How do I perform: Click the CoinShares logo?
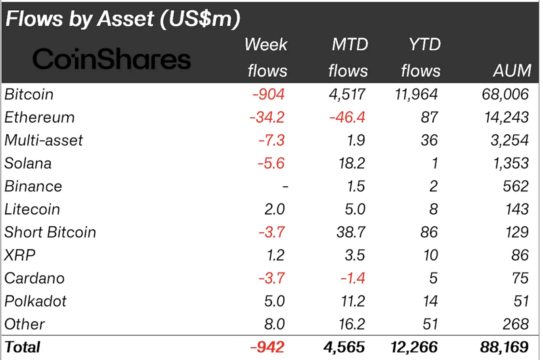(111, 59)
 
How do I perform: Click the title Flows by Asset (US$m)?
(122, 19)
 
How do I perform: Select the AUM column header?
(512, 71)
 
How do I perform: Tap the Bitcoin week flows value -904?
(268, 94)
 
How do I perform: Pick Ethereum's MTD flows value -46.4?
(347, 117)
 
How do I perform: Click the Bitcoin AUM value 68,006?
(505, 94)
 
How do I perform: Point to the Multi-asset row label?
(44, 140)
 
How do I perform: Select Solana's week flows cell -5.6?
(271, 163)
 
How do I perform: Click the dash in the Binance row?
(285, 186)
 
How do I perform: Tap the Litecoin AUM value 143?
(517, 209)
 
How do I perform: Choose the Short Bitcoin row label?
(50, 232)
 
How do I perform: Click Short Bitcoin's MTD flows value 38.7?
(351, 232)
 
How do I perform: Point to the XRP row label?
(20, 255)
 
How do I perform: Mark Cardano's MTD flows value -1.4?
(353, 278)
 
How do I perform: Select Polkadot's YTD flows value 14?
(430, 301)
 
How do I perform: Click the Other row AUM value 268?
(516, 324)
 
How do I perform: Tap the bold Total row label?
(22, 347)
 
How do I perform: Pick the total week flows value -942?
(267, 347)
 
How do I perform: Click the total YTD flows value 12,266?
(414, 347)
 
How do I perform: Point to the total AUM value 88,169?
(504, 347)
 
